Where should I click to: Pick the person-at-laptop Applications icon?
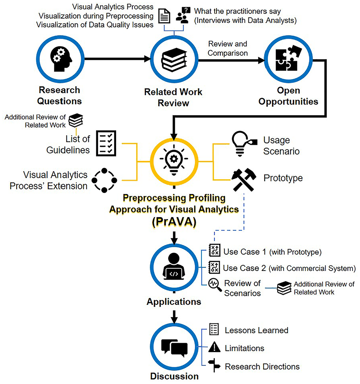pyautogui.click(x=174, y=268)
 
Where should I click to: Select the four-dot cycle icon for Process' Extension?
pyautogui.click(x=103, y=180)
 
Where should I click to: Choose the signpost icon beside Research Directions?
pyautogui.click(x=213, y=366)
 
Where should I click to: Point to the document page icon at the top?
pyautogui.click(x=164, y=17)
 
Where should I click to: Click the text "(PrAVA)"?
pyautogui.click(x=174, y=223)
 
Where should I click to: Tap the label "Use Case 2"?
pyautogui.click(x=245, y=268)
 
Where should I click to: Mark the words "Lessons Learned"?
pyautogui.click(x=256, y=330)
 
